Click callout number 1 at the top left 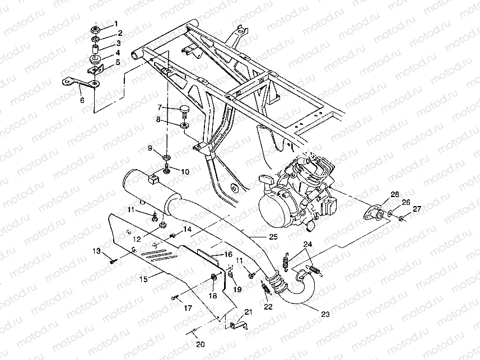tap(116, 24)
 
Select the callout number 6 tap(82, 100)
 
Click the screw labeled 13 tap(114, 260)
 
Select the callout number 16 tap(228, 254)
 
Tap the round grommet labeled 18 tap(215, 278)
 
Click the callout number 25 tap(273, 237)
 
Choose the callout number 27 tap(416, 209)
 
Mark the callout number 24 tap(306, 244)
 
